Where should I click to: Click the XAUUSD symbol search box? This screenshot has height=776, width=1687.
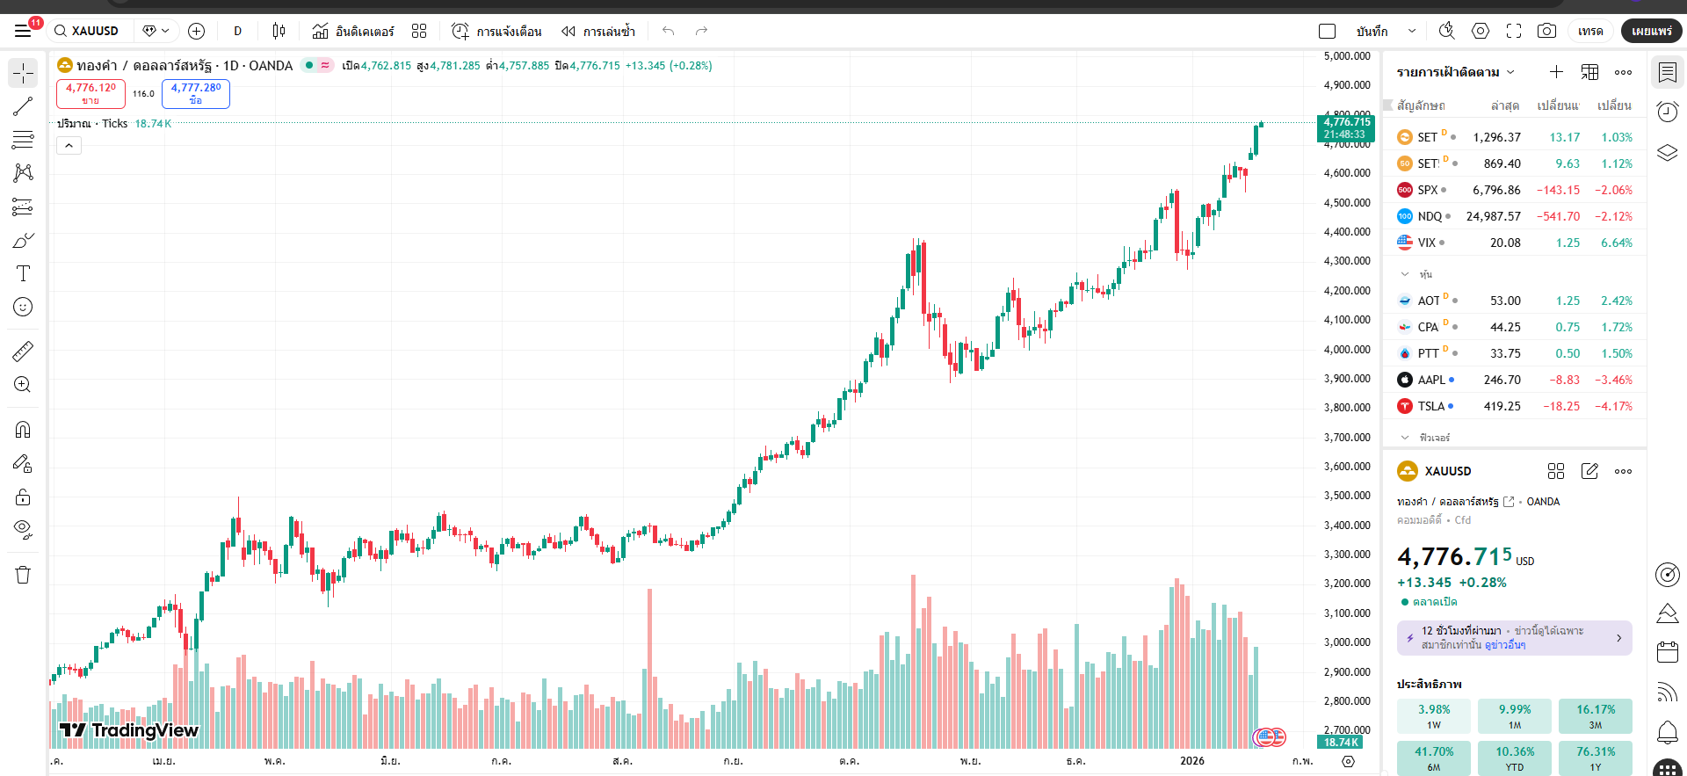[92, 31]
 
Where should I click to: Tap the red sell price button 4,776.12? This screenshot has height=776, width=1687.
[91, 93]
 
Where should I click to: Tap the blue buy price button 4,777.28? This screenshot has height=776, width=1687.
[196, 93]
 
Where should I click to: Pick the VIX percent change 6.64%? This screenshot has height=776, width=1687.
[1616, 243]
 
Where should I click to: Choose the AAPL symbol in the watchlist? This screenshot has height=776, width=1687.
[1431, 380]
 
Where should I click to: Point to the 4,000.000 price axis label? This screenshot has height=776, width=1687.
[1347, 349]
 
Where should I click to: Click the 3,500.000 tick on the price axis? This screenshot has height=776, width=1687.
[1347, 496]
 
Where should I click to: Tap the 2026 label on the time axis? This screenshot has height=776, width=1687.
[1192, 761]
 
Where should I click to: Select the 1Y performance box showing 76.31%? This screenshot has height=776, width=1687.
[1595, 758]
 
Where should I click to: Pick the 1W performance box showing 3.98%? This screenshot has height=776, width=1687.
[1433, 715]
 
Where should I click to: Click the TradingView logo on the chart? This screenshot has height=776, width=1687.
[129, 730]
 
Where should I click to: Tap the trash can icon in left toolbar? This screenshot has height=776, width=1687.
[23, 575]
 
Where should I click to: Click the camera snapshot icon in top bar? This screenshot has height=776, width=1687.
[1546, 31]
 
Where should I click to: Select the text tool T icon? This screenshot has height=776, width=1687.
[23, 273]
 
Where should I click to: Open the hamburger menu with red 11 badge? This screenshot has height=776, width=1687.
[24, 31]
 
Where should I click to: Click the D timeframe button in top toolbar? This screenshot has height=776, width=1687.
[237, 31]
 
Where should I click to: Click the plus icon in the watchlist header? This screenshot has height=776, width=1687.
[1556, 72]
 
